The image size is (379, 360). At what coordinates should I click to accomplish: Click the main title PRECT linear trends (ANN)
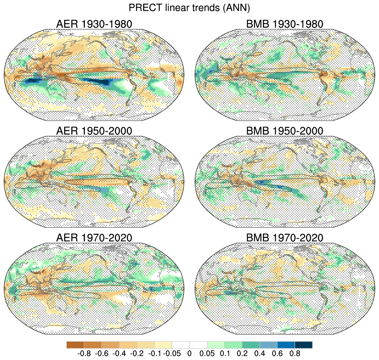pyautogui.click(x=189, y=7)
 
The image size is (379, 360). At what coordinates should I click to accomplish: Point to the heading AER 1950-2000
pyautogui.click(x=94, y=131)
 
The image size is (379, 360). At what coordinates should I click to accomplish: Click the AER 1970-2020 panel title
pyautogui.click(x=94, y=238)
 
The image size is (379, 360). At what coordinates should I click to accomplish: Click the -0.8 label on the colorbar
pyautogui.click(x=84, y=353)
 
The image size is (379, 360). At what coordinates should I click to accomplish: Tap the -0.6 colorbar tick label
pyautogui.click(x=101, y=353)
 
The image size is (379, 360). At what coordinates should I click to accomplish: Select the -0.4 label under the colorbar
pyautogui.click(x=119, y=353)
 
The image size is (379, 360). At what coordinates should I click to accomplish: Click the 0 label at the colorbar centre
pyautogui.click(x=189, y=353)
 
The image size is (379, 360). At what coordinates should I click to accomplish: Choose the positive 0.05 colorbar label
pyautogui.click(x=207, y=353)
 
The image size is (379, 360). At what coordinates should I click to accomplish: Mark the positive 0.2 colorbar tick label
pyautogui.click(x=242, y=353)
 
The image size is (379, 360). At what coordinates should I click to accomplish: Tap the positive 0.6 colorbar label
pyautogui.click(x=277, y=353)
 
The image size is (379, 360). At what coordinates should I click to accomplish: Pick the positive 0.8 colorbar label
pyautogui.click(x=295, y=353)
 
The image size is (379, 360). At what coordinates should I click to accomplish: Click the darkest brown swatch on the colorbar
pyautogui.click(x=75, y=345)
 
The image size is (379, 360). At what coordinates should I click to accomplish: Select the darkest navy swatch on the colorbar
pyautogui.click(x=304, y=345)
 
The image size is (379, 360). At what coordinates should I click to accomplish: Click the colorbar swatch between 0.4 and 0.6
pyautogui.click(x=268, y=345)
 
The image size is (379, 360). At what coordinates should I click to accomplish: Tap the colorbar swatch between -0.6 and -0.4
pyautogui.click(x=110, y=345)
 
